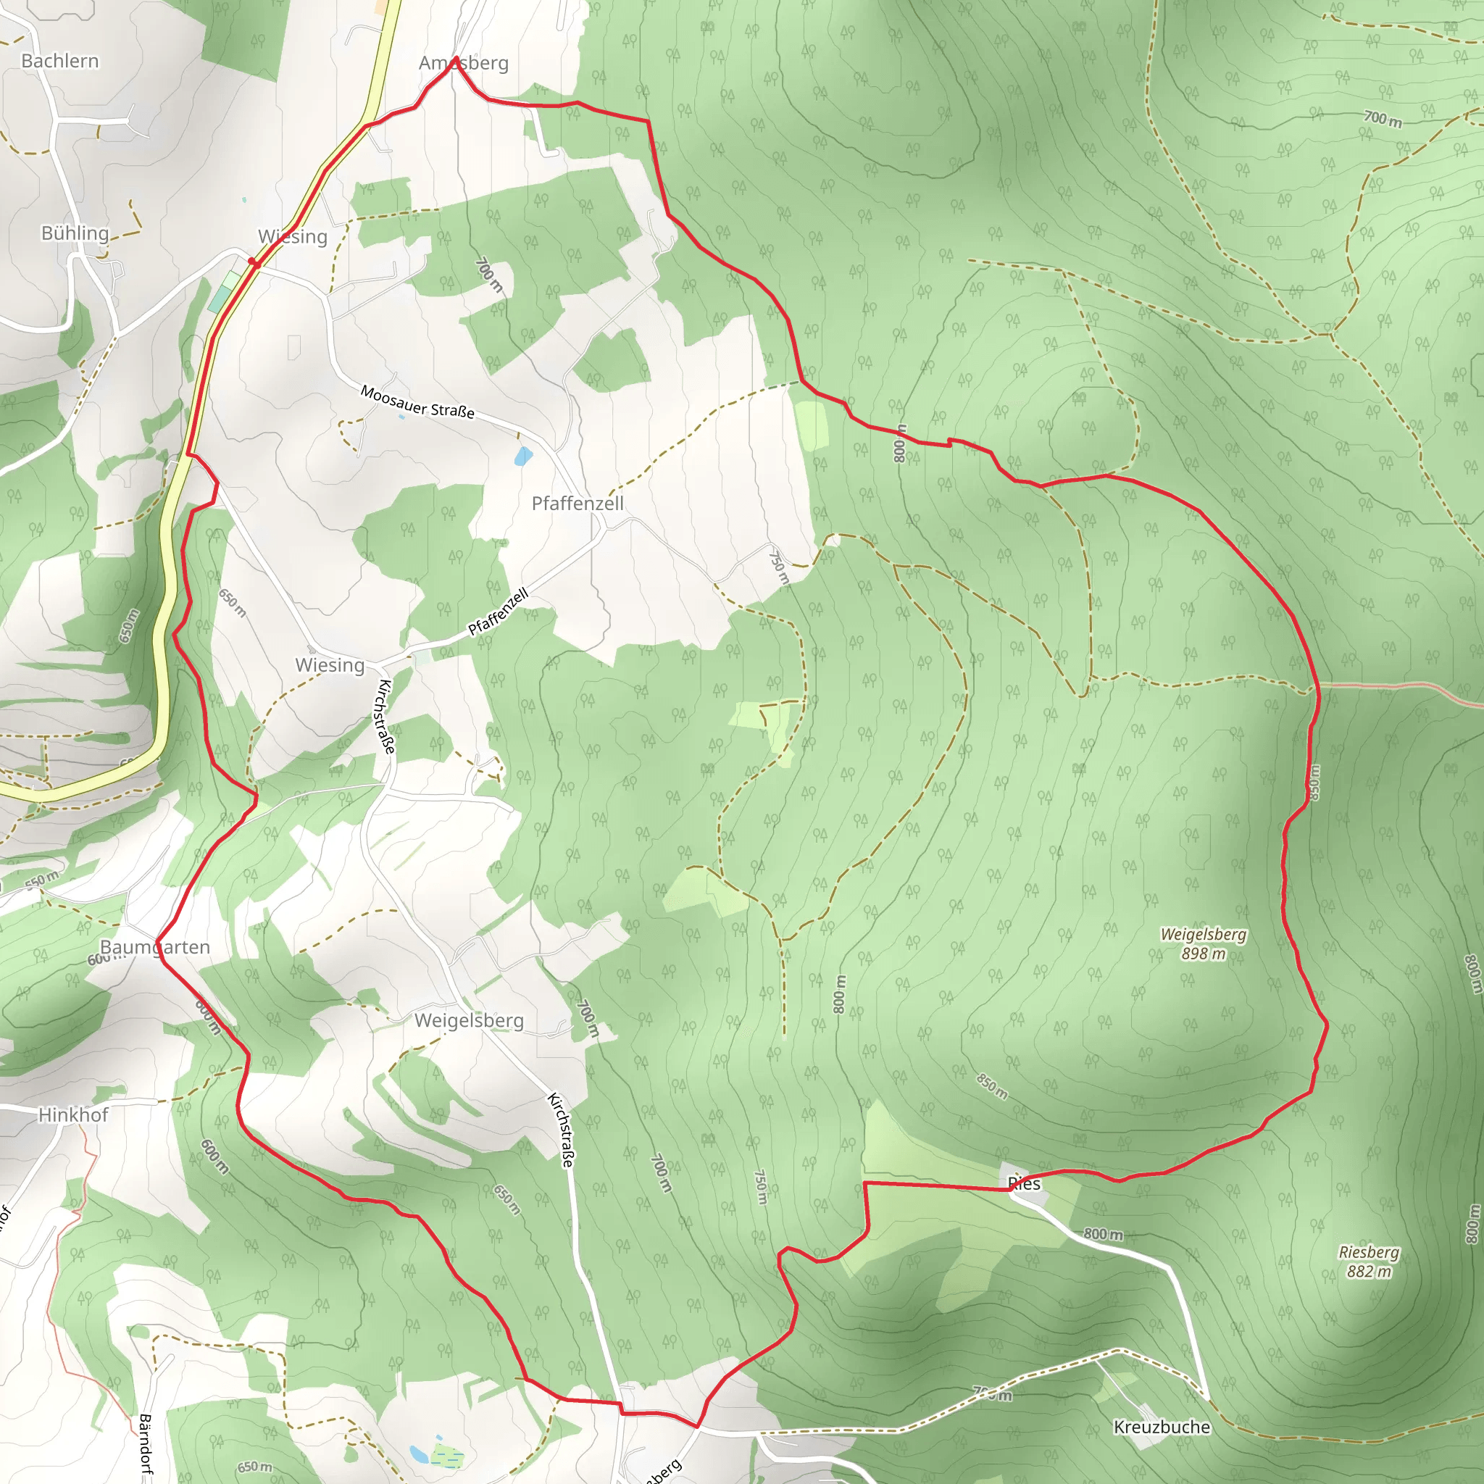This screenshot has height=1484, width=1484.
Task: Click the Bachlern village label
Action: [60, 61]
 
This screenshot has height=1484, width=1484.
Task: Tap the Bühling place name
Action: [75, 233]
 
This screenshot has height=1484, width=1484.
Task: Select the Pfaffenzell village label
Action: [578, 503]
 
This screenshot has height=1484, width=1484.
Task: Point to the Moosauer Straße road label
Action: [417, 401]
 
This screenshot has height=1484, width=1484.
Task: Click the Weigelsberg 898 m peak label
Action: [1203, 944]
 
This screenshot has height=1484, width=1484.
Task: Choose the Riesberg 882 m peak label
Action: [1369, 1262]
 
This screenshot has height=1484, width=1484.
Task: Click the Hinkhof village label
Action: [73, 1114]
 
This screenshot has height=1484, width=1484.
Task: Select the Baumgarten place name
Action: [155, 947]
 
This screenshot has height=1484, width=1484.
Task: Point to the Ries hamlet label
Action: [1024, 1184]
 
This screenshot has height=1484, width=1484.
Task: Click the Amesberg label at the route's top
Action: [463, 63]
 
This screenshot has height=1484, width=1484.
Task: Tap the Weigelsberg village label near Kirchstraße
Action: [469, 1020]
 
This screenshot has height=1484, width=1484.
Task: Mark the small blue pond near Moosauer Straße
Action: [523, 458]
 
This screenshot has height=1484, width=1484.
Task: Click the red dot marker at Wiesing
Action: [252, 262]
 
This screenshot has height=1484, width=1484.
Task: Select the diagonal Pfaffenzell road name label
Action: [499, 612]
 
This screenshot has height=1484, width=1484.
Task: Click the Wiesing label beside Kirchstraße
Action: [330, 664]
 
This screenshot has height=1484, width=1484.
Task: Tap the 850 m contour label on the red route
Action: [1314, 783]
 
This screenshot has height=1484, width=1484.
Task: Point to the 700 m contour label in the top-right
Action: [1383, 118]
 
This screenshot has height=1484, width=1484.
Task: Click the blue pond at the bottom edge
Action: [419, 1454]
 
